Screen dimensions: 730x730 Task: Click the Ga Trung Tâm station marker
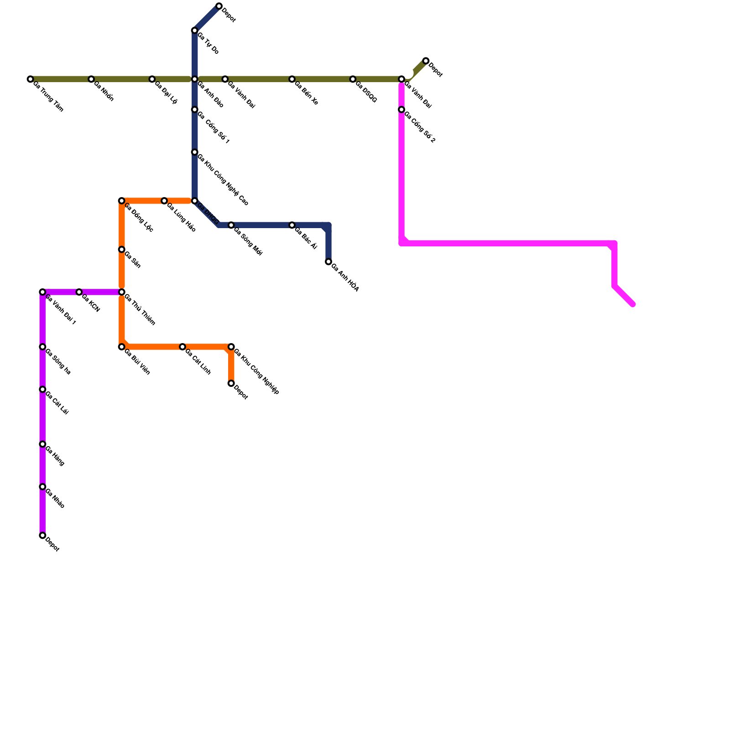point(30,79)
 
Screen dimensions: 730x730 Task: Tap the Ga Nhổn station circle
point(91,79)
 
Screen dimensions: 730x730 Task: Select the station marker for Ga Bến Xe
point(292,79)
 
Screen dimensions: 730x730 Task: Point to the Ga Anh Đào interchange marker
point(195,79)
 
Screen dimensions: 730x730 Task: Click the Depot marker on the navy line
point(219,6)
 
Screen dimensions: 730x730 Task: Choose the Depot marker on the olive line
point(426,61)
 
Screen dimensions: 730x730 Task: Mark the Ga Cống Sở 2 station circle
point(401,110)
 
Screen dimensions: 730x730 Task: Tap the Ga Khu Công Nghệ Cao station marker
point(195,152)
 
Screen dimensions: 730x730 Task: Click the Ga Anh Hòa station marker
point(328,262)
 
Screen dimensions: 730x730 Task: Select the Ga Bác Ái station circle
point(292,225)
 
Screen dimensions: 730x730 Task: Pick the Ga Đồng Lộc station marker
point(122,201)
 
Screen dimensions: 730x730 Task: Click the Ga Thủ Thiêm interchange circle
point(122,292)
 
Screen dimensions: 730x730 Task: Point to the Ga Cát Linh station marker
point(182,347)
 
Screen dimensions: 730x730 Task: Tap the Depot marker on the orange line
point(231,384)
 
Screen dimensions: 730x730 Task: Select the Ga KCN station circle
point(79,292)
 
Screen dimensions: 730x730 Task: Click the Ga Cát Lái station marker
point(42,390)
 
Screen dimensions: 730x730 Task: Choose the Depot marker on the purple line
point(42,536)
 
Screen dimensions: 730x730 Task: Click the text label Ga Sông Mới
point(248,241)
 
